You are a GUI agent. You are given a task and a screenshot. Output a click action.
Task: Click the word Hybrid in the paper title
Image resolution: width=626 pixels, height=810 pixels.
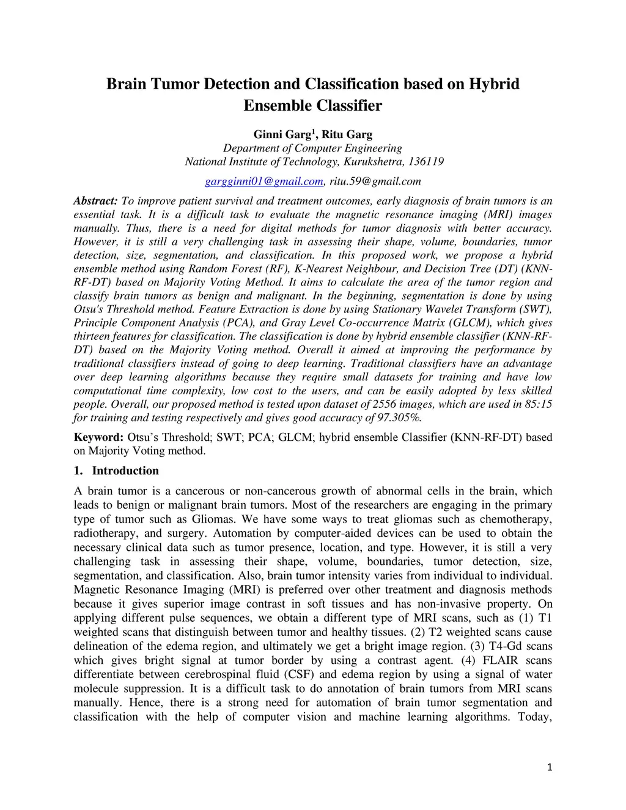coord(493,84)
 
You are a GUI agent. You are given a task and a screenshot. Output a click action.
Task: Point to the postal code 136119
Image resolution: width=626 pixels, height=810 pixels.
coord(425,162)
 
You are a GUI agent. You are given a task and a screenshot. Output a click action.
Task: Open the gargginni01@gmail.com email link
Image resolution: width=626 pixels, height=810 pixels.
coord(263,182)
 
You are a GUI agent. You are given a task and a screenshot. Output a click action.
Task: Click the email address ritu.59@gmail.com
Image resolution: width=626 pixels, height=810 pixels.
coord(375,182)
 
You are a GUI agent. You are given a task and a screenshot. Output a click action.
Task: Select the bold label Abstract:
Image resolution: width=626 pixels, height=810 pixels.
coord(95,201)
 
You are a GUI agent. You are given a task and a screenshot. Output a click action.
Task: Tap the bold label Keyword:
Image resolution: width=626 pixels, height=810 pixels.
coord(98,437)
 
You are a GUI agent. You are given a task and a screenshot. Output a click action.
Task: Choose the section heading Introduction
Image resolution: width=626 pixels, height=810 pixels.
coord(125,471)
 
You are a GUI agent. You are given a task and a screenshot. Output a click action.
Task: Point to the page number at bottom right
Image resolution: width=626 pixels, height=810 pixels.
coord(550,767)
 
